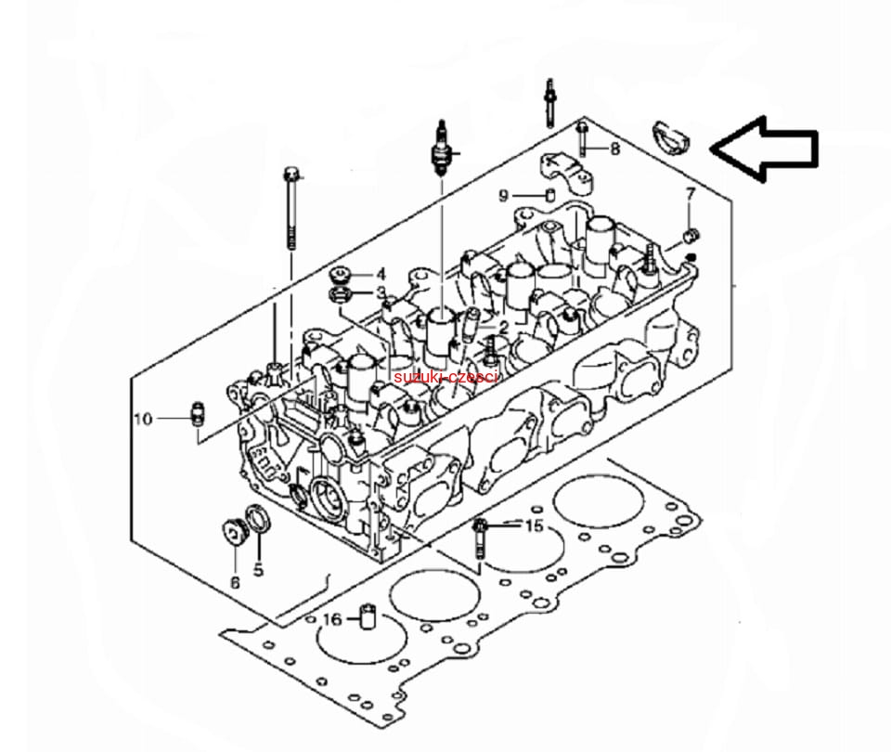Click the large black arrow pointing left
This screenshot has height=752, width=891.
click(764, 149)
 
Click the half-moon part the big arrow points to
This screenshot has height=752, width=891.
click(671, 138)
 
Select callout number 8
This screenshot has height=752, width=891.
click(614, 149)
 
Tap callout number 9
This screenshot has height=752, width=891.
click(503, 196)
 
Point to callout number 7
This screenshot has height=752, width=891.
click(691, 194)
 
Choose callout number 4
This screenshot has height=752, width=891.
click(381, 275)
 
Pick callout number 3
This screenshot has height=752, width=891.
click(381, 293)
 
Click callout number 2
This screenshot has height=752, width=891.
click(503, 328)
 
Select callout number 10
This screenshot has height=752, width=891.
click(144, 419)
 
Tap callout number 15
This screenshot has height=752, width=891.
click(535, 525)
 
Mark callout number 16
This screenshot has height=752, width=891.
click(332, 619)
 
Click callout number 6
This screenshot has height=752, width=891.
click(235, 583)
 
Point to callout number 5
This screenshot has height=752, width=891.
click(259, 569)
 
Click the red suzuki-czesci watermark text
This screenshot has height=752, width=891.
click(445, 377)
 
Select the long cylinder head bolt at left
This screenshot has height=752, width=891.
click(291, 207)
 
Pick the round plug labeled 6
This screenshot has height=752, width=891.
click(233, 533)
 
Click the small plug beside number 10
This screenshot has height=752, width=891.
click(197, 414)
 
